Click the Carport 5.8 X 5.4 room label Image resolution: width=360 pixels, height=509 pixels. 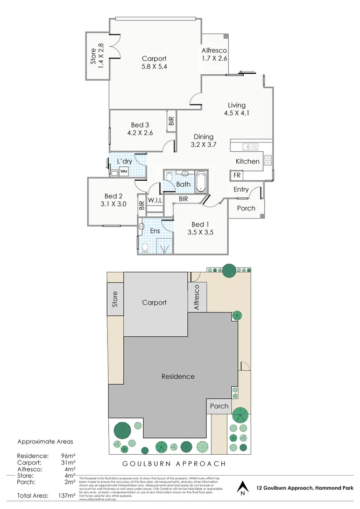(x=154, y=63)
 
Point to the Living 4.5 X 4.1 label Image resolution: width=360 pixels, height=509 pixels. (x=236, y=109)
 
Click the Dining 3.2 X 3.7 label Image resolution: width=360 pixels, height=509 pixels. (x=203, y=140)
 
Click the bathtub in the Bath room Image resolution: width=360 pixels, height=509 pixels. (x=201, y=182)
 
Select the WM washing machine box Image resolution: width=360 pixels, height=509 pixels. (x=124, y=172)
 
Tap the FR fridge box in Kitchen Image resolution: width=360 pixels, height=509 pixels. (x=237, y=175)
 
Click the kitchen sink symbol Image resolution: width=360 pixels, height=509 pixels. (x=248, y=146)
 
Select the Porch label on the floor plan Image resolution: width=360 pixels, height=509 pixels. (x=246, y=208)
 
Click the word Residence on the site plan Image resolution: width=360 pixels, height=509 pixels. (x=178, y=377)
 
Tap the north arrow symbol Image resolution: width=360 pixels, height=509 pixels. (x=243, y=486)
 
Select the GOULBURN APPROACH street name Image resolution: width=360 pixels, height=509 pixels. (x=173, y=463)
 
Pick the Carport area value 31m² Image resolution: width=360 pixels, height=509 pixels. (x=68, y=462)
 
